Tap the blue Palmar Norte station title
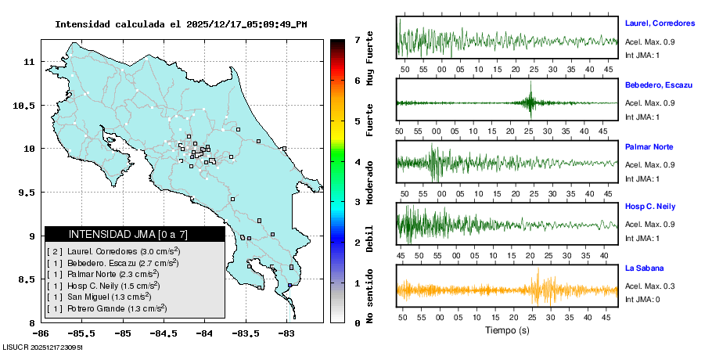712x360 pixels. click(649, 147)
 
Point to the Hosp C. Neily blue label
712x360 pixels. click(649, 207)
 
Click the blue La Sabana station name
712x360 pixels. click(644, 268)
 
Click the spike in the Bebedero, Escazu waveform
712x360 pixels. click(530, 103)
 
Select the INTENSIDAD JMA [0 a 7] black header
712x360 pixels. click(135, 234)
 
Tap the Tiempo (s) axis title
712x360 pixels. click(507, 330)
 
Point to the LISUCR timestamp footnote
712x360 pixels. click(43, 347)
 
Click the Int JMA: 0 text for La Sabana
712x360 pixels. click(642, 300)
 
